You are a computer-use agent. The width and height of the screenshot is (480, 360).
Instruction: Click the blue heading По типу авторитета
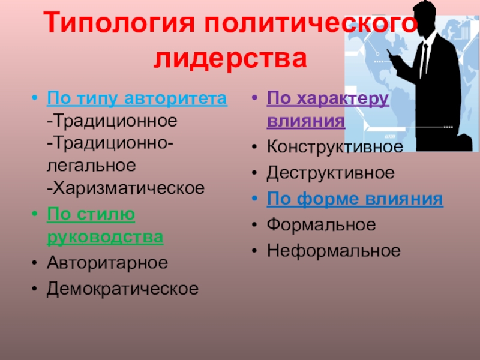pyautogui.click(x=137, y=98)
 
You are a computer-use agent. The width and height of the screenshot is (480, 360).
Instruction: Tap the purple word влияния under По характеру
pyautogui.click(x=306, y=121)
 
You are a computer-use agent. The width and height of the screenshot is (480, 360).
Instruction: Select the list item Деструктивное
pyautogui.click(x=331, y=173)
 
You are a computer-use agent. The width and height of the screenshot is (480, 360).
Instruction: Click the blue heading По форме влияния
pyautogui.click(x=355, y=199)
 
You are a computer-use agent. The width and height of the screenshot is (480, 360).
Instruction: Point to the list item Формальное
pyautogui.click(x=322, y=225)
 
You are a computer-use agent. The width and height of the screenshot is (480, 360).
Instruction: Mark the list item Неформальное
pyautogui.click(x=334, y=251)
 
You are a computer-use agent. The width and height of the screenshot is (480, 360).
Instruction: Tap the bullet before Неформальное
pyautogui.click(x=256, y=251)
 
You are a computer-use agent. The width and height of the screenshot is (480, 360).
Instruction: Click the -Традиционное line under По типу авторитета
pyautogui.click(x=113, y=121)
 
